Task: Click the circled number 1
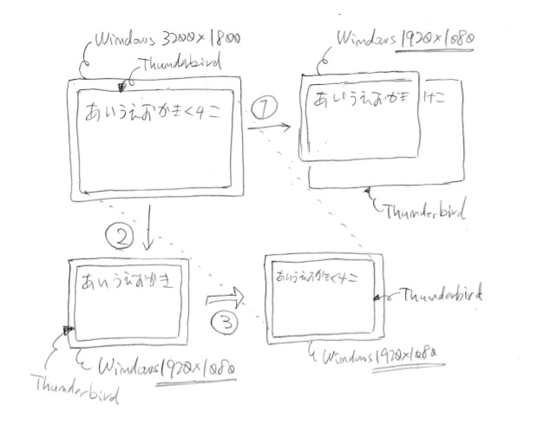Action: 265,108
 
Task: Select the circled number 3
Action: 224,323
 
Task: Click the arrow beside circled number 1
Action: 269,128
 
